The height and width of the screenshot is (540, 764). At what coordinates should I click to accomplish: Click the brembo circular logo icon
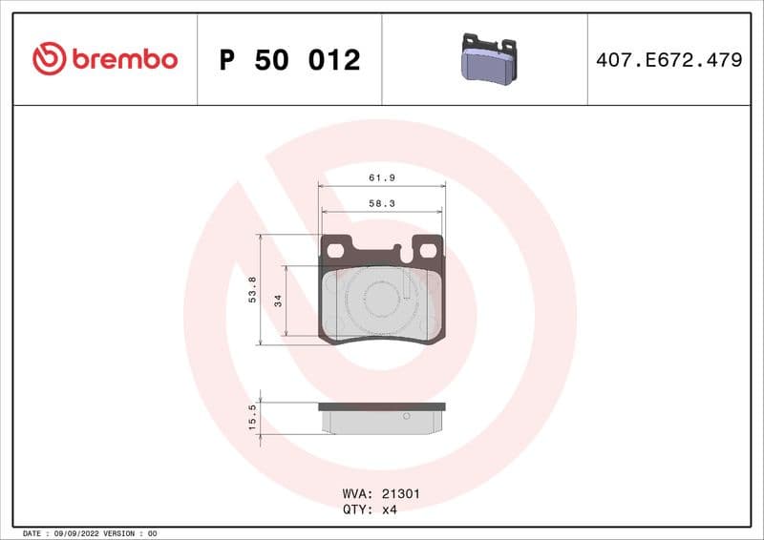click(49, 59)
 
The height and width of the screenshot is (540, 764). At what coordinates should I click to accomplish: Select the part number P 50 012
click(289, 60)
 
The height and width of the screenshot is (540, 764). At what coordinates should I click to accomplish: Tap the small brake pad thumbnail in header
click(487, 58)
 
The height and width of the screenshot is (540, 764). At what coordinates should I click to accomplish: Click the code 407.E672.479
click(668, 60)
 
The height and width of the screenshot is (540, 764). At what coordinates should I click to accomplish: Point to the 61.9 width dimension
click(381, 178)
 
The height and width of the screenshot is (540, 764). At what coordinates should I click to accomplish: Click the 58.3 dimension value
click(381, 203)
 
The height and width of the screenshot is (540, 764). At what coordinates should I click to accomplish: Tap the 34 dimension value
click(278, 301)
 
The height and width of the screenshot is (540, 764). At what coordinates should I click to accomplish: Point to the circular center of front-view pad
click(381, 300)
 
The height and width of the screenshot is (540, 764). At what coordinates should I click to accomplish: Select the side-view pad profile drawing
click(381, 418)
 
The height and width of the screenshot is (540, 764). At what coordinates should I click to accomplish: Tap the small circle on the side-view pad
click(406, 416)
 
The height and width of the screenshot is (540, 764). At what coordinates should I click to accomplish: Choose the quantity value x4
click(389, 509)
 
